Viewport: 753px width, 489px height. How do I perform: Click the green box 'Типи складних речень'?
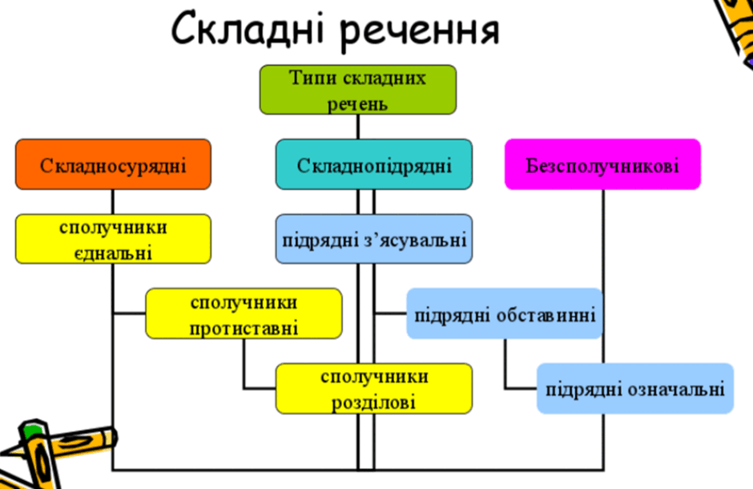[358, 90]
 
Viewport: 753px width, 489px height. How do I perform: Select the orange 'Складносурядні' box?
[113, 165]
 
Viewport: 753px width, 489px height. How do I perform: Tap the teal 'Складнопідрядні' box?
[374, 165]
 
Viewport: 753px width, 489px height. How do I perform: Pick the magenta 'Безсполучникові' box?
[602, 165]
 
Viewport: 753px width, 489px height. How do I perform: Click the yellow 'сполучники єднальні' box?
[113, 239]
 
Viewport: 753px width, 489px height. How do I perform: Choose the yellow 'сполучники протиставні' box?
[244, 313]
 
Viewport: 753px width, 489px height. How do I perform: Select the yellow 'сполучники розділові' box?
[374, 389]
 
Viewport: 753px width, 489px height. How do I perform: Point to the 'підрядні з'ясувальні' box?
[374, 239]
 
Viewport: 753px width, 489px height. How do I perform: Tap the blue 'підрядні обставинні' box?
[505, 313]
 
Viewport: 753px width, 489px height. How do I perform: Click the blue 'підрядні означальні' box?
[635, 389]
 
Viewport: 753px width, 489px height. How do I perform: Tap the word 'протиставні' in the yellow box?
[244, 329]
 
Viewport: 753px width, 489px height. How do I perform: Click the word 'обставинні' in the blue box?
[546, 315]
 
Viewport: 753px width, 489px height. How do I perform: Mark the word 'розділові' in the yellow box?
[373, 402]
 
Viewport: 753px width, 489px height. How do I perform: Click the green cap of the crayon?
[33, 430]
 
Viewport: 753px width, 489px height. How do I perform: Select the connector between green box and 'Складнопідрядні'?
[358, 127]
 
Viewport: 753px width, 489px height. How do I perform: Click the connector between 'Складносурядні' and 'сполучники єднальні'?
[113, 202]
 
